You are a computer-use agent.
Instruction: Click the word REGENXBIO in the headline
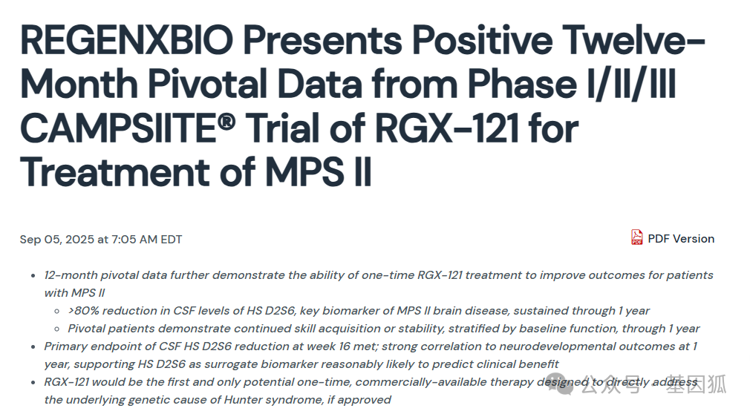click(127, 40)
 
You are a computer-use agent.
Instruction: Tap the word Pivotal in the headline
click(208, 84)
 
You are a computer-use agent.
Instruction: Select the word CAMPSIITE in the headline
click(118, 128)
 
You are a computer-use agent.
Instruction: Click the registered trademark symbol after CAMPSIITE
click(226, 122)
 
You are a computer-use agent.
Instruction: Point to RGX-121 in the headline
click(447, 128)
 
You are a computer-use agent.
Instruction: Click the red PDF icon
click(636, 237)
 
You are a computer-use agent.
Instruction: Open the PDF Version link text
click(681, 239)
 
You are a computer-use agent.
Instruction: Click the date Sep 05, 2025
click(57, 240)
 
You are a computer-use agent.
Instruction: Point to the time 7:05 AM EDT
click(147, 240)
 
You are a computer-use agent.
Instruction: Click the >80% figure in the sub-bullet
click(83, 311)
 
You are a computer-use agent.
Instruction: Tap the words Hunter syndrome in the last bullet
click(274, 400)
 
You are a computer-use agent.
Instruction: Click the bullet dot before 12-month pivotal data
click(33, 275)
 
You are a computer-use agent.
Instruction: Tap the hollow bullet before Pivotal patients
click(57, 329)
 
